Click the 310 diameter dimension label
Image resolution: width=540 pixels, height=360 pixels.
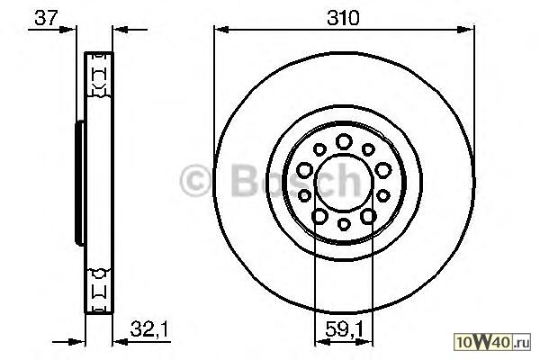coord(343,18)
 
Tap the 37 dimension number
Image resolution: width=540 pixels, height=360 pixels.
coord(46,18)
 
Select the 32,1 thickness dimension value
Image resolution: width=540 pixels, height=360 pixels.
coord(148,329)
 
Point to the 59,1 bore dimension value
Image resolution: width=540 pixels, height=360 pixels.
coord(345,329)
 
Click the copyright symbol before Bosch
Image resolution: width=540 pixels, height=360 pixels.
coord(195,181)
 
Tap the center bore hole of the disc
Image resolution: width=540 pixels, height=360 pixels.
coord(345,182)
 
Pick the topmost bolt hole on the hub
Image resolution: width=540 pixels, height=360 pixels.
coord(344,141)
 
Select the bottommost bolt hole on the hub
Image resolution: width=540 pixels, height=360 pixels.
coord(344,224)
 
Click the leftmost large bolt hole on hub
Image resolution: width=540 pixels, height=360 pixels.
coord(305,170)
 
